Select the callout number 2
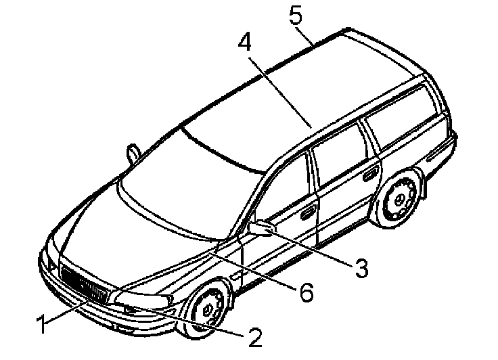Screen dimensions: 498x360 point(254,336)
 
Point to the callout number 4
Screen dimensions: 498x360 point(244,42)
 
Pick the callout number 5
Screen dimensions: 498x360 point(296,15)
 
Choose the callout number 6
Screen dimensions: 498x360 point(306,292)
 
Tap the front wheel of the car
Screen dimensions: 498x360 point(206,307)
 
